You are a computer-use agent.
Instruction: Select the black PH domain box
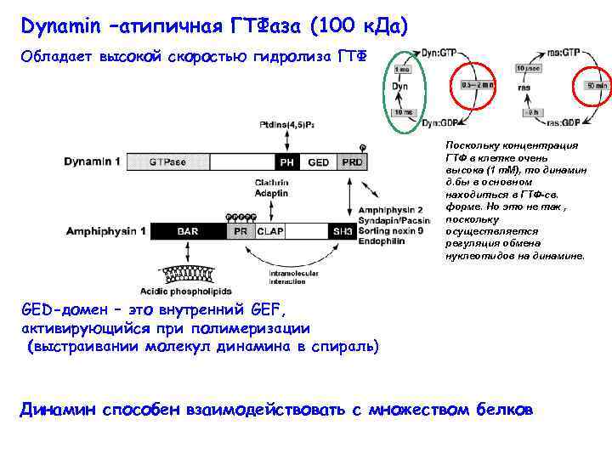(287, 161)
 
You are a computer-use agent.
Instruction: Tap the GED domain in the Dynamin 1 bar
(319, 161)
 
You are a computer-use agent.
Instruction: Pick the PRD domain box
(350, 161)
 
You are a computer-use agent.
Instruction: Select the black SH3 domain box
(343, 230)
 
